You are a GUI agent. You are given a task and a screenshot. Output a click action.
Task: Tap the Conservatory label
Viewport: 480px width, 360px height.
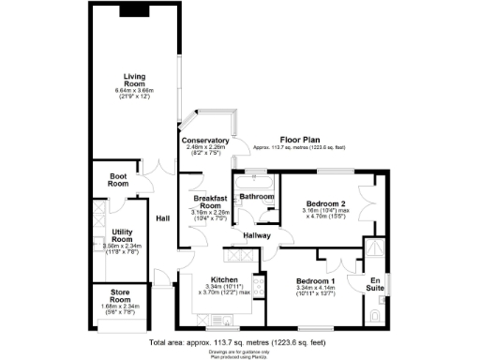[207, 141]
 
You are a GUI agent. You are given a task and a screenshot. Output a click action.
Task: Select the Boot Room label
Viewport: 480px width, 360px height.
[118, 180]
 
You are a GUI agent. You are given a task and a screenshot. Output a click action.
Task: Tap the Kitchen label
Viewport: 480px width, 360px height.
[222, 280]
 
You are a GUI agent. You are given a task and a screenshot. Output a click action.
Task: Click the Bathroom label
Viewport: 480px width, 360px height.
[256, 197]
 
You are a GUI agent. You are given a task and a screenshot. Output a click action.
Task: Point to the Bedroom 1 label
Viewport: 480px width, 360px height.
[315, 282]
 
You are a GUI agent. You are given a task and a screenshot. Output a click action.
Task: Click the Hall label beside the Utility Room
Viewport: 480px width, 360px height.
[162, 218]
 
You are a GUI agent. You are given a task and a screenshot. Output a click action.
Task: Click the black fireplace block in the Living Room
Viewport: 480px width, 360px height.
[134, 12]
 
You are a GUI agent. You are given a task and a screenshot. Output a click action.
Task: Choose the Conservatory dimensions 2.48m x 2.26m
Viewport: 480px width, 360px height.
[207, 147]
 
